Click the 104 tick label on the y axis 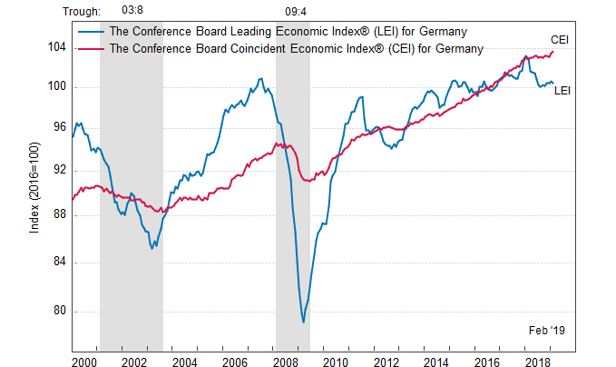point(58,47)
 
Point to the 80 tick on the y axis point(62,311)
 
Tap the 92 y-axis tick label point(62,171)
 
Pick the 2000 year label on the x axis point(84,362)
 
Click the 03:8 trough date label point(132,11)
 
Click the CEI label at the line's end point(561,39)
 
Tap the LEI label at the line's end point(562,90)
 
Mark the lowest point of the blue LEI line point(303,322)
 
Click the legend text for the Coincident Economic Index point(296,48)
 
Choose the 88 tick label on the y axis point(62,215)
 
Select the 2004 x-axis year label point(185,362)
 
